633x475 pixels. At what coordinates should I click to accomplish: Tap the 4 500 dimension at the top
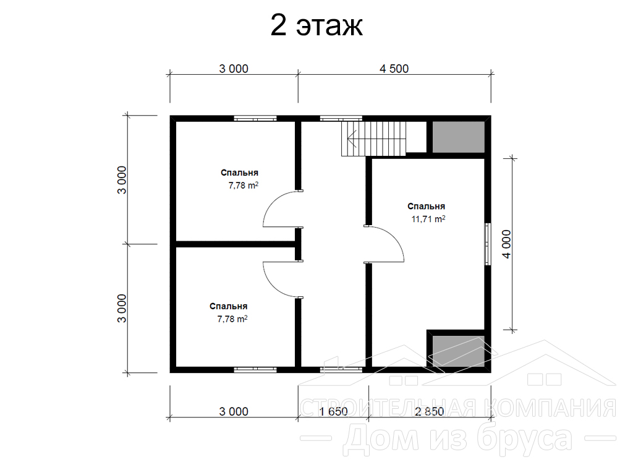[394, 69]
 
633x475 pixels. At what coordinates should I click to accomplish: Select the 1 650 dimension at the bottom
[333, 411]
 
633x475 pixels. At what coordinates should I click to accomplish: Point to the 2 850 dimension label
[429, 411]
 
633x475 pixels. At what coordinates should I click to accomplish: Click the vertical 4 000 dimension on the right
[507, 244]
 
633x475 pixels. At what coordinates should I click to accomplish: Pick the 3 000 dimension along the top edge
[234, 69]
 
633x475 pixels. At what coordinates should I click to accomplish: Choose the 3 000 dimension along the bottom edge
[234, 411]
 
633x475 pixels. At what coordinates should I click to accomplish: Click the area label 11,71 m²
[428, 219]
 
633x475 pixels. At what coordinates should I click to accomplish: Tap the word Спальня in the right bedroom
[427, 207]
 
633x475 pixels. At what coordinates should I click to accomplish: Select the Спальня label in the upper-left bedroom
[239, 173]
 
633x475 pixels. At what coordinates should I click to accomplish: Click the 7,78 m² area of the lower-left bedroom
[232, 319]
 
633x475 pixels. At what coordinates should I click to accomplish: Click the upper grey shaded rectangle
[459, 137]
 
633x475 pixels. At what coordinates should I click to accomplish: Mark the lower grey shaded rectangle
[459, 351]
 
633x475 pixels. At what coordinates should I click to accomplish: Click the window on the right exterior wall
[488, 244]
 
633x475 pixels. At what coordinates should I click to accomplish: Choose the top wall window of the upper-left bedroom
[255, 118]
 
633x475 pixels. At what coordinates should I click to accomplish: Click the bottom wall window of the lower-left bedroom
[255, 369]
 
